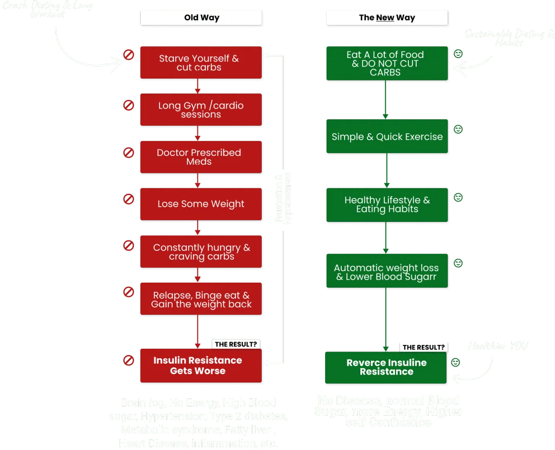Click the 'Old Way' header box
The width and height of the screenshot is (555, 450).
[x=201, y=18]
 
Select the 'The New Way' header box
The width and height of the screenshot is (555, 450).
[x=387, y=18]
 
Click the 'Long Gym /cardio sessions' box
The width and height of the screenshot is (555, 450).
[x=201, y=110]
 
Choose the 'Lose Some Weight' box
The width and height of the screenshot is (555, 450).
[x=201, y=204]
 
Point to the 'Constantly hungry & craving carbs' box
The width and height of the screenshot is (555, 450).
[x=201, y=252]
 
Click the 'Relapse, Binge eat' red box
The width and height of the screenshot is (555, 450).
[x=201, y=299]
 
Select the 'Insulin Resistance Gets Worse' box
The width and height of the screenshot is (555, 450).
[x=197, y=365]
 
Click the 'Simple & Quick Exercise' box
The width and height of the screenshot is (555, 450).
[x=387, y=137]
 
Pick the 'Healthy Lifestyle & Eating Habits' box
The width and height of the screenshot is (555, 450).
[x=387, y=204]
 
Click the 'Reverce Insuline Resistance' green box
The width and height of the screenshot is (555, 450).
[x=386, y=367]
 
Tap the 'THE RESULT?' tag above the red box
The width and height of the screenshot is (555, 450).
[x=236, y=344]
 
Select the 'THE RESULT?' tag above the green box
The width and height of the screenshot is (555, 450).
[x=423, y=347]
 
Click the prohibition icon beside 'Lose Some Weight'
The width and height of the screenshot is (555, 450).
[x=128, y=199]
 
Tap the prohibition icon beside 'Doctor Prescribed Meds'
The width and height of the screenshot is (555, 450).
[x=128, y=152]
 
